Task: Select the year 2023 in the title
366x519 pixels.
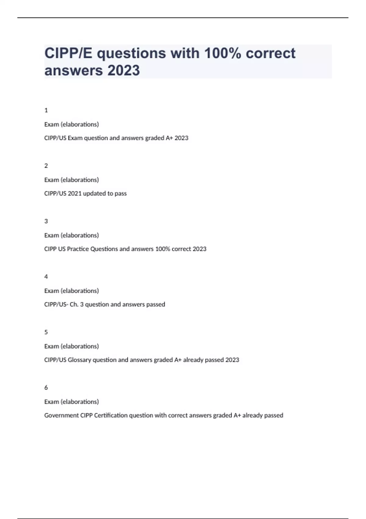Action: (124, 70)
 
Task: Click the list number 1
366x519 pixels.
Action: (46, 110)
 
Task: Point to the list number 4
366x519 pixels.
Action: (46, 277)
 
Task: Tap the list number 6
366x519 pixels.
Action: (46, 387)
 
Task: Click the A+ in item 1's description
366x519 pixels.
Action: (169, 138)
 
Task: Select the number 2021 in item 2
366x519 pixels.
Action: (75, 194)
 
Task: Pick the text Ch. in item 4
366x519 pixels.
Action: (74, 304)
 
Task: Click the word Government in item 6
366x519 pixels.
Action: (61, 415)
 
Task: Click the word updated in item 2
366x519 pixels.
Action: (94, 194)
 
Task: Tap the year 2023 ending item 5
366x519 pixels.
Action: (232, 360)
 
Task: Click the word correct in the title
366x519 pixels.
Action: (271, 53)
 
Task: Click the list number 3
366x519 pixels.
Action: (46, 221)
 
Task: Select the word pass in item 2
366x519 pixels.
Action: (120, 194)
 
